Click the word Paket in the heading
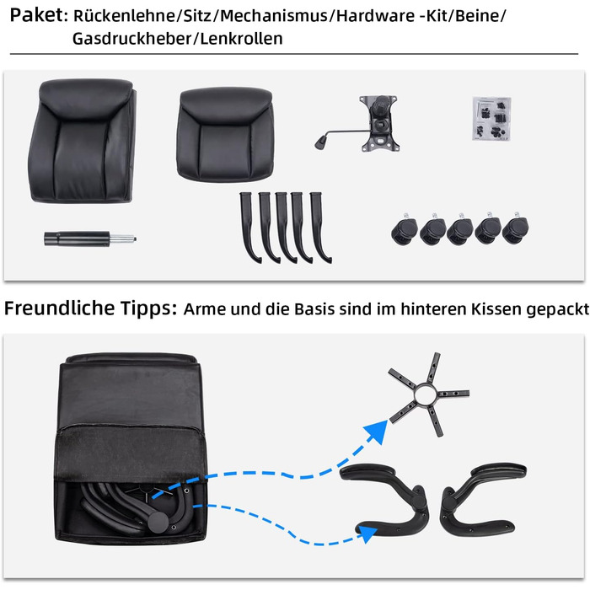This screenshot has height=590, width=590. point(36,15)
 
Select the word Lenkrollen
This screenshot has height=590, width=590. point(241,39)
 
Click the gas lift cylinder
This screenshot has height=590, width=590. point(90,239)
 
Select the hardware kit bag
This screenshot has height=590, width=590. point(491,119)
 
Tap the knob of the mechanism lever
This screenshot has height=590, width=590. point(321,142)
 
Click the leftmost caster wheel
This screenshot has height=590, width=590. point(404,230)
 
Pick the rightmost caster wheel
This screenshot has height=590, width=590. point(516,228)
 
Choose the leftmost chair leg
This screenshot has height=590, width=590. point(249,227)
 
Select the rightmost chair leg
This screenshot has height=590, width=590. point(319,227)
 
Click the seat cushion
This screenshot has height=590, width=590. point(225,134)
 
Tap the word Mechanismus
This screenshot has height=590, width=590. point(274,16)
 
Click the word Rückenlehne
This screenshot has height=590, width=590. point(124,16)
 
